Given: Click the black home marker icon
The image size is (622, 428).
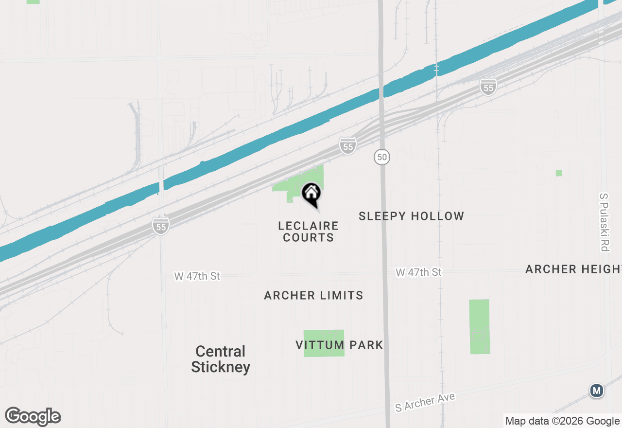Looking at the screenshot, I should [311, 194].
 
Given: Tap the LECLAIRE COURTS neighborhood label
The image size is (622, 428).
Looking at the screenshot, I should [308, 232].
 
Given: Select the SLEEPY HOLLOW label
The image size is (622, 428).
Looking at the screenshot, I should [411, 216].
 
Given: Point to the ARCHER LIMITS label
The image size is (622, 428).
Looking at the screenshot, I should [313, 295].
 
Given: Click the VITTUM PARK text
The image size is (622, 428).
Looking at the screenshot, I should [339, 345].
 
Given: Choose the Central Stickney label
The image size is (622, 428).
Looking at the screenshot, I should [221, 359].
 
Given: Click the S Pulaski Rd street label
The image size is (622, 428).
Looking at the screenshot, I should [604, 222].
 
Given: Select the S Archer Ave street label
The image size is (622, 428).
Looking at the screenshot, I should [425, 402].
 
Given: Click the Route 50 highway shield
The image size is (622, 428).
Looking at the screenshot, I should [382, 157].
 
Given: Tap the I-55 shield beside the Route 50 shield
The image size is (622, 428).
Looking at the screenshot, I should [347, 145].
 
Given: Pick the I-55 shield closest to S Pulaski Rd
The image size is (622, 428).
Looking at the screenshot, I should [488, 87].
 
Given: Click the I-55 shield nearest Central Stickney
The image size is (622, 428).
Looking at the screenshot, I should [161, 226].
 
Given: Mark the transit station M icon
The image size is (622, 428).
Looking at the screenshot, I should [596, 391].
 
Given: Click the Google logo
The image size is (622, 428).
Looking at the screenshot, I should [33, 416].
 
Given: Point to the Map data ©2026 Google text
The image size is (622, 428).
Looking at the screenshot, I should [562, 421].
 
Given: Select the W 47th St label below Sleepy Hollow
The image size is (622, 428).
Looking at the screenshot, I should [418, 272].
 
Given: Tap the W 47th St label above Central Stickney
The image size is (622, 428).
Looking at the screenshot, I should [197, 276].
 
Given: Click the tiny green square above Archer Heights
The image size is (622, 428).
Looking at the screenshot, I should [559, 173].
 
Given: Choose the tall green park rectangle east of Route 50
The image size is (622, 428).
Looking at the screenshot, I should [479, 326].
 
